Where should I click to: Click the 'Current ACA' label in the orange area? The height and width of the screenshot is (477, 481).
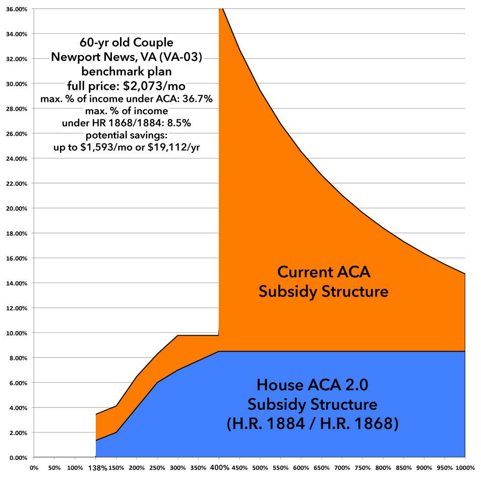click(x=323, y=273)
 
